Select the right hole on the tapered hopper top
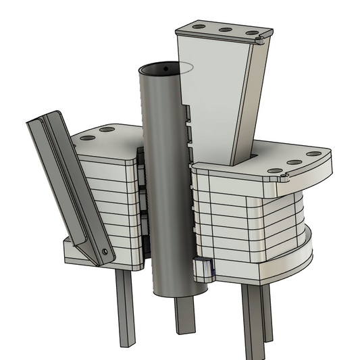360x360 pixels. pos(251,32)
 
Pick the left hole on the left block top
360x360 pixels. pos(86,138)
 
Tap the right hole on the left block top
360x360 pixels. pos(107,129)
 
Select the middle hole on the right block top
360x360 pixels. pos(294,163)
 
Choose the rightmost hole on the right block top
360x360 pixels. pos(313,154)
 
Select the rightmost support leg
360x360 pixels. pos(255,317)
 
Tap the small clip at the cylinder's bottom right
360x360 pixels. pos(203,268)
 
